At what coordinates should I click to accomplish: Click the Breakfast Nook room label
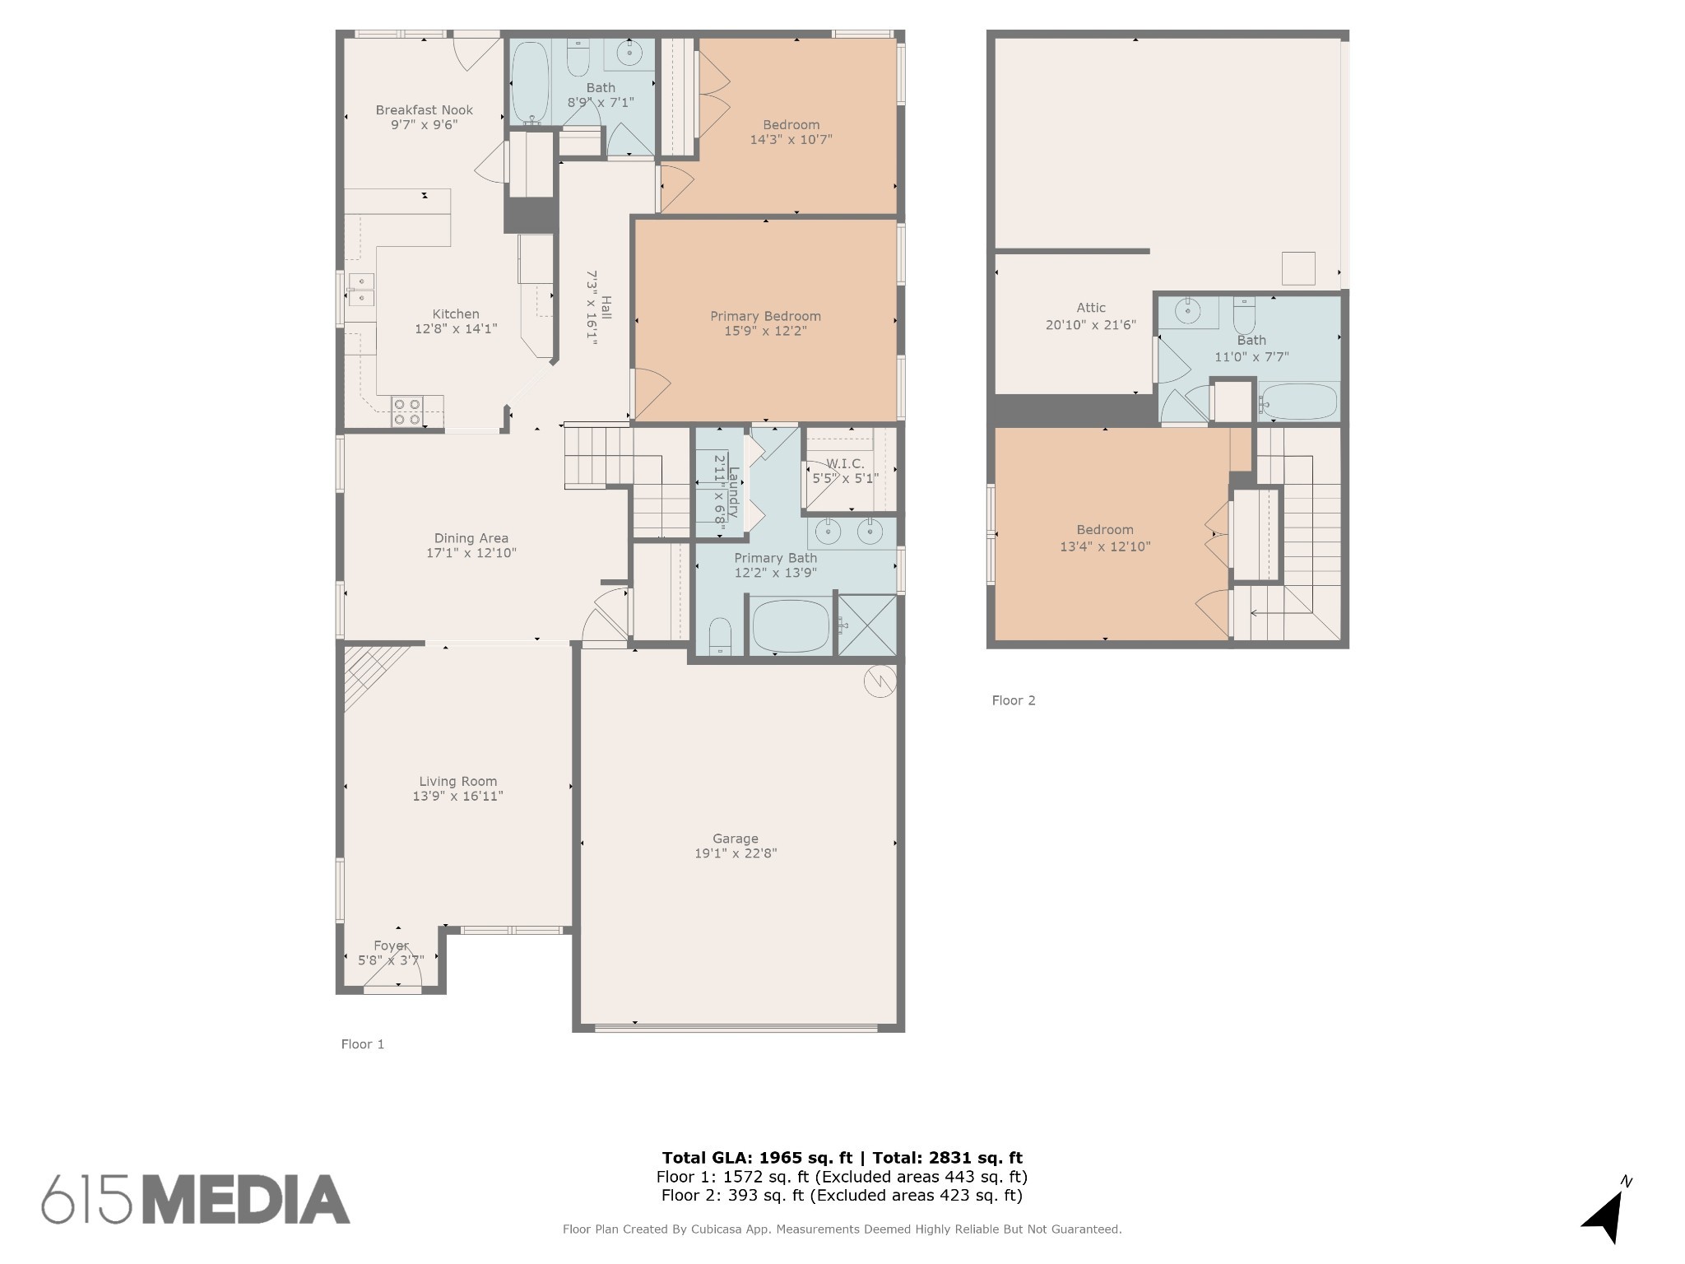click(425, 110)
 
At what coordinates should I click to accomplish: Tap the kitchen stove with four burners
click(406, 411)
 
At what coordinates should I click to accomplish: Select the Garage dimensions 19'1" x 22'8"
click(736, 853)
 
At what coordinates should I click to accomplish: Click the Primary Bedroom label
click(765, 316)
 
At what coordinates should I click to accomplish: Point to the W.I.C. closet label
click(845, 464)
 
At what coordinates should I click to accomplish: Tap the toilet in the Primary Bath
click(720, 636)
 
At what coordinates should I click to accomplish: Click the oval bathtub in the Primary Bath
click(791, 625)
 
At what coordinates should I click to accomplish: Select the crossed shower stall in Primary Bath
click(867, 625)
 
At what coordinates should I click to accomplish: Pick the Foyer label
click(391, 946)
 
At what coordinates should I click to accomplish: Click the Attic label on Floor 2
click(1091, 308)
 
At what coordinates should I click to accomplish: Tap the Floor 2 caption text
click(1014, 700)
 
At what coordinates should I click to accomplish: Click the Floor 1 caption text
click(363, 1044)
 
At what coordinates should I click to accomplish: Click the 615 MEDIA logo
click(196, 1199)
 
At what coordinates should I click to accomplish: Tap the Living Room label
click(457, 782)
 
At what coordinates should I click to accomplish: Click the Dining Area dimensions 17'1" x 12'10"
click(471, 553)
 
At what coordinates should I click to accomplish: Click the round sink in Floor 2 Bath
click(1187, 311)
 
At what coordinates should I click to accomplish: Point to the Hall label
click(606, 308)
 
